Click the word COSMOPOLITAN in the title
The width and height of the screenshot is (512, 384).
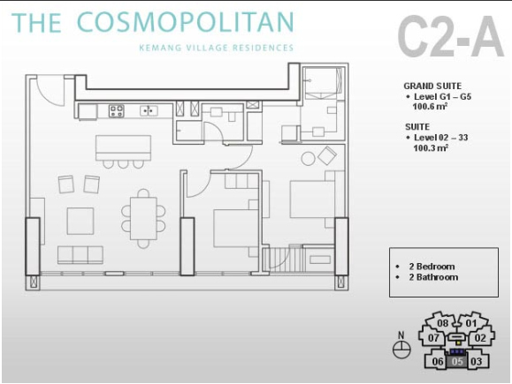186,22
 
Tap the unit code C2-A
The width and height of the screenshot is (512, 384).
451,36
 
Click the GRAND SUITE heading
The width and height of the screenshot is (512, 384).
432,86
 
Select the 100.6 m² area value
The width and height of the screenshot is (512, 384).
430,106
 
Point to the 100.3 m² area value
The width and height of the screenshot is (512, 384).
431,147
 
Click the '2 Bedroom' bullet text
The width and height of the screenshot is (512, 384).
432,267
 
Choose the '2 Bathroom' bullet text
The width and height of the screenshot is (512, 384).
433,277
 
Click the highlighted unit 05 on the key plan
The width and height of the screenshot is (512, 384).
457,361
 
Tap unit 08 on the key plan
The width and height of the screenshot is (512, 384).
442,323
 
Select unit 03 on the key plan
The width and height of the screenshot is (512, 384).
476,361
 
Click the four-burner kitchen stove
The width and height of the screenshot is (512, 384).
116,111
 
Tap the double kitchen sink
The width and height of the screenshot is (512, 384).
149,110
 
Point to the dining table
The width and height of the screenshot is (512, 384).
143,218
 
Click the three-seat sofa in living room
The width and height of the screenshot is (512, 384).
80,255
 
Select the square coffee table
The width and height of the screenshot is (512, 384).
80,221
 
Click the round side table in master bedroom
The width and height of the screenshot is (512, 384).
308,158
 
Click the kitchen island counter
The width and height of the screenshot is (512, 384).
123,147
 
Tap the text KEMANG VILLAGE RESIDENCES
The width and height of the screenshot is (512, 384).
216,48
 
